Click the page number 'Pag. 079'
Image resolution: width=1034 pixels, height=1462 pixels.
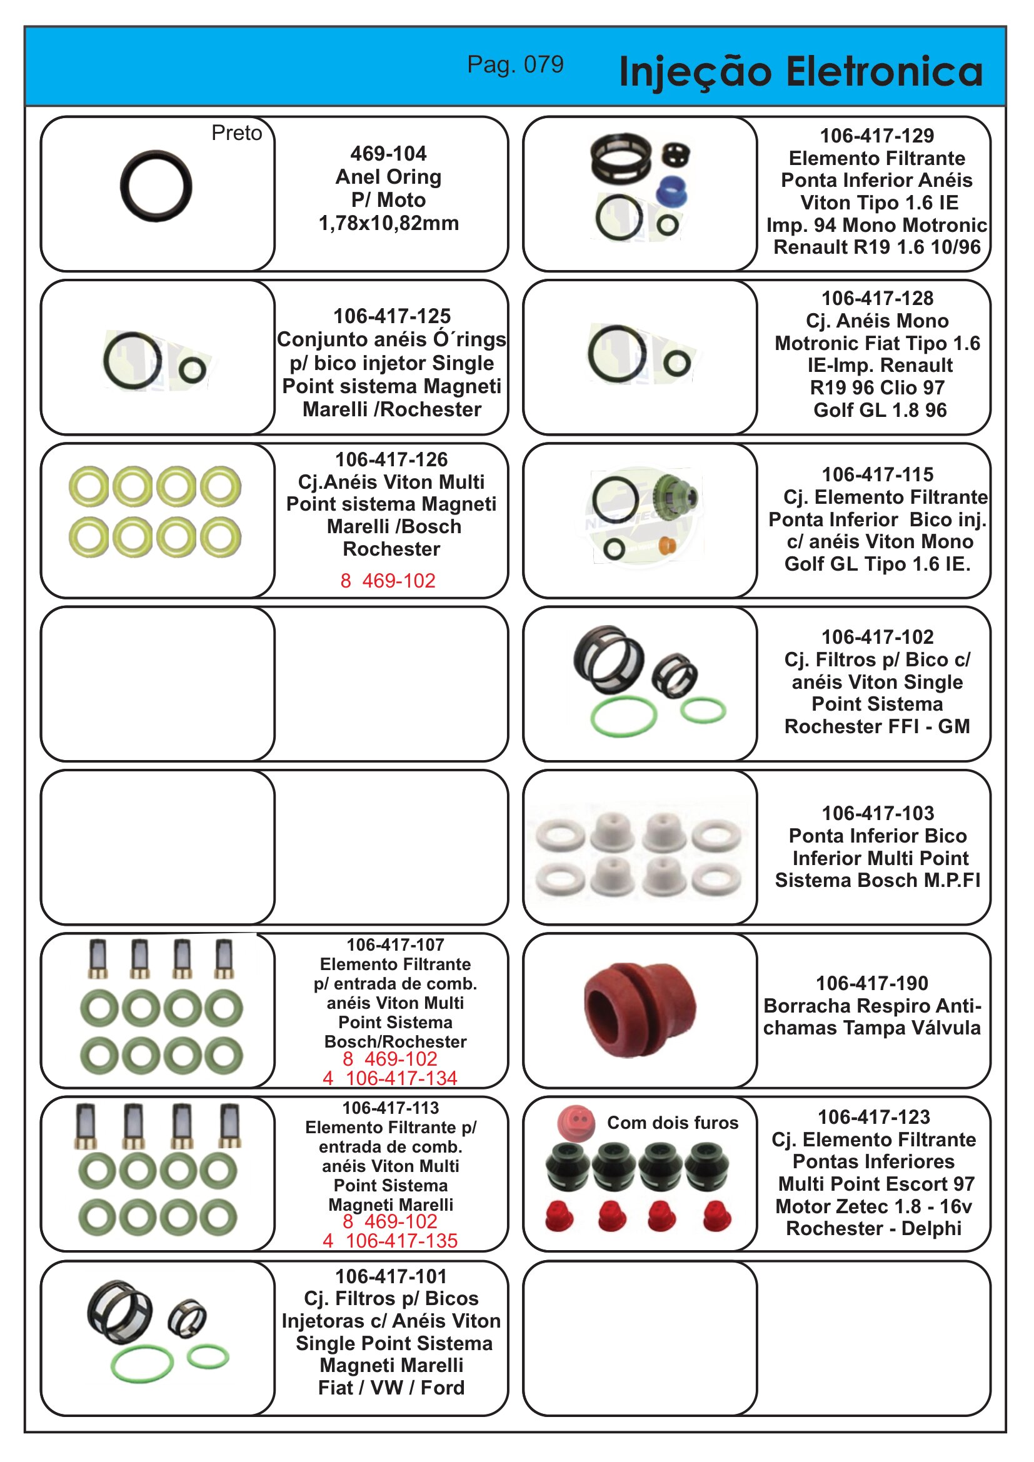pyautogui.click(x=515, y=64)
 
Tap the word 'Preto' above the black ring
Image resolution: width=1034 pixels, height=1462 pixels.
pyautogui.click(x=236, y=133)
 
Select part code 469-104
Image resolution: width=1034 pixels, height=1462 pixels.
pyautogui.click(x=388, y=154)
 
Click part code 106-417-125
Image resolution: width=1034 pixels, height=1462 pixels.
pyautogui.click(x=391, y=316)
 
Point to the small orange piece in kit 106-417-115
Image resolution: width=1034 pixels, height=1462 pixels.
pyautogui.click(x=666, y=546)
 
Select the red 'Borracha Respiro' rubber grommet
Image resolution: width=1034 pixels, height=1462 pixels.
pyautogui.click(x=640, y=1010)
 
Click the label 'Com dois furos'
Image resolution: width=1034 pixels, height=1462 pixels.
pyautogui.click(x=673, y=1123)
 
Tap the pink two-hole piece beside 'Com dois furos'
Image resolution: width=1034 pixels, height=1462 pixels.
pyautogui.click(x=576, y=1122)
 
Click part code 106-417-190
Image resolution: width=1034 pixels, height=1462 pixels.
pyautogui.click(x=871, y=983)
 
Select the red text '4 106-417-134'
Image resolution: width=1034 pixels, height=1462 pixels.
pyautogui.click(x=389, y=1078)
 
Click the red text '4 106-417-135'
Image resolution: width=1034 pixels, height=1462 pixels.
pyautogui.click(x=389, y=1240)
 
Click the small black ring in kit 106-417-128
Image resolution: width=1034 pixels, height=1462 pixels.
pyautogui.click(x=677, y=364)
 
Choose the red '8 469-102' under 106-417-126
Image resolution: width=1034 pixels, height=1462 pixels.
pyautogui.click(x=388, y=581)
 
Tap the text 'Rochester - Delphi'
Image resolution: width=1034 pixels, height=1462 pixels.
pyautogui.click(x=873, y=1228)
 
